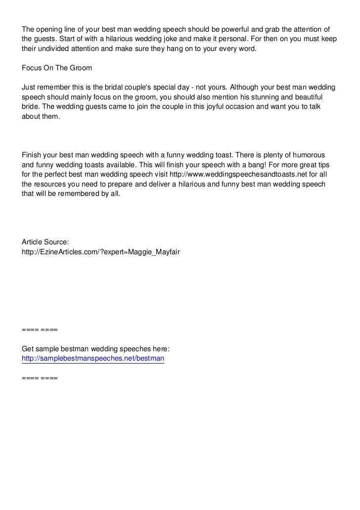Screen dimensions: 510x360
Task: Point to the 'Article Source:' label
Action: coord(45,242)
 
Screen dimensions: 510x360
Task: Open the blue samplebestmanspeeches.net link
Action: coord(93,359)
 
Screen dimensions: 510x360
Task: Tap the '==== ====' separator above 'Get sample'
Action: coord(40,329)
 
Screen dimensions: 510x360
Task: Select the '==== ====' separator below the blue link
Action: coord(40,378)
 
